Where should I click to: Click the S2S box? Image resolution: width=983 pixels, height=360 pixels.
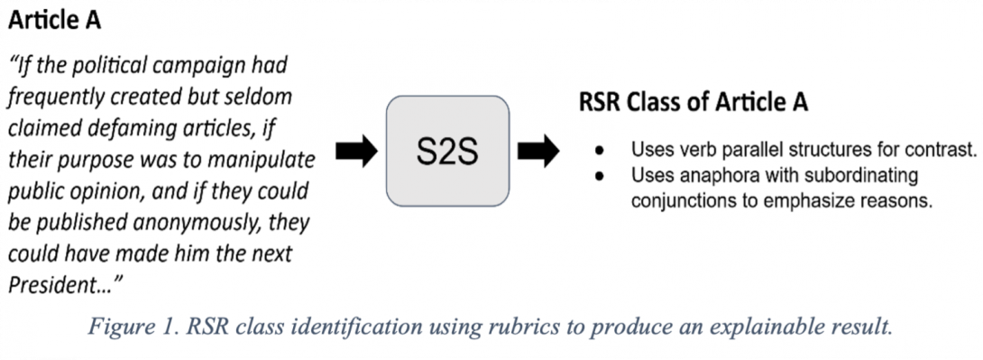click(448, 152)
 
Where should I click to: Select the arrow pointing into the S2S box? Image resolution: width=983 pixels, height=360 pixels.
click(354, 152)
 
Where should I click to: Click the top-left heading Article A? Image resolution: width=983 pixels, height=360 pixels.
click(56, 19)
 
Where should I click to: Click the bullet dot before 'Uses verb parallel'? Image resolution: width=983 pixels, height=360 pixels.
click(599, 150)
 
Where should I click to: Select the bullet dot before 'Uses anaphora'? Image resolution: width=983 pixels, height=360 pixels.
click(599, 173)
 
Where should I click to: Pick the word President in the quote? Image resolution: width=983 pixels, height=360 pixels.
click(51, 286)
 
